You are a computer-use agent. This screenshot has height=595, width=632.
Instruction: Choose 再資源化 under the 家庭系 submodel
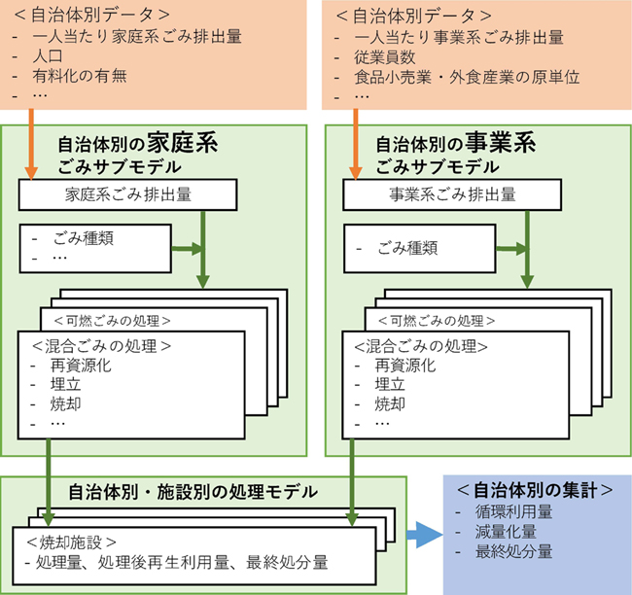click(82, 366)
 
